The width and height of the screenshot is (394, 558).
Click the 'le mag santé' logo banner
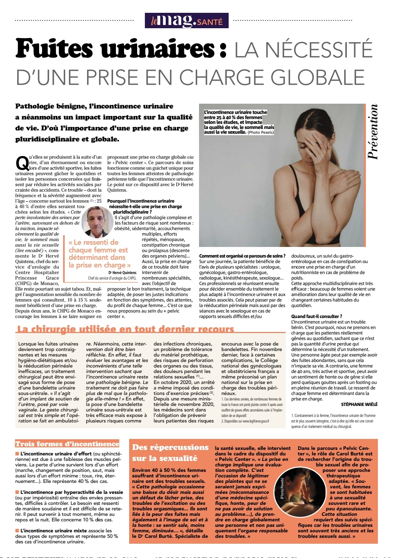[187, 21]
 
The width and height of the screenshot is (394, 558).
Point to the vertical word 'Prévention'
[372, 132]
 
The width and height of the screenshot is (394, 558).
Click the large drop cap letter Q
[22, 163]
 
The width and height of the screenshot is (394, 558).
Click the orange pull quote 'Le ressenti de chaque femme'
[99, 254]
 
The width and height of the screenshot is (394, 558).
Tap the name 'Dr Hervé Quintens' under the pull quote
[122, 273]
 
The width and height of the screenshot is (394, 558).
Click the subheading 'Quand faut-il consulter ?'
[316, 316]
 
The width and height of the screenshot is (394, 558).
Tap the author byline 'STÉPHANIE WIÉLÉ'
[359, 404]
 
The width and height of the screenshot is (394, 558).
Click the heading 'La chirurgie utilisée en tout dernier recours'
[125, 329]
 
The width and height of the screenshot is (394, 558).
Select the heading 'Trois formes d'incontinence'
[67, 444]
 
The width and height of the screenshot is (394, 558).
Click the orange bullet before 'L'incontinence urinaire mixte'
[17, 531]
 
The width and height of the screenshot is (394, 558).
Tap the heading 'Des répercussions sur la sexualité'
[170, 452]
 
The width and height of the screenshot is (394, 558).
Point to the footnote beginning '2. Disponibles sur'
[245, 421]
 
